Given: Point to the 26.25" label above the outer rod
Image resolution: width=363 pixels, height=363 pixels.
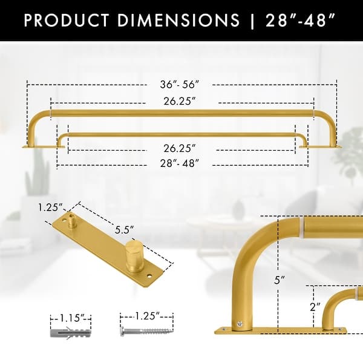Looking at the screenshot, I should pyautogui.click(x=181, y=101).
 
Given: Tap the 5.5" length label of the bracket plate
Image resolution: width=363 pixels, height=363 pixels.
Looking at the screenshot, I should pyautogui.click(x=125, y=231).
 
